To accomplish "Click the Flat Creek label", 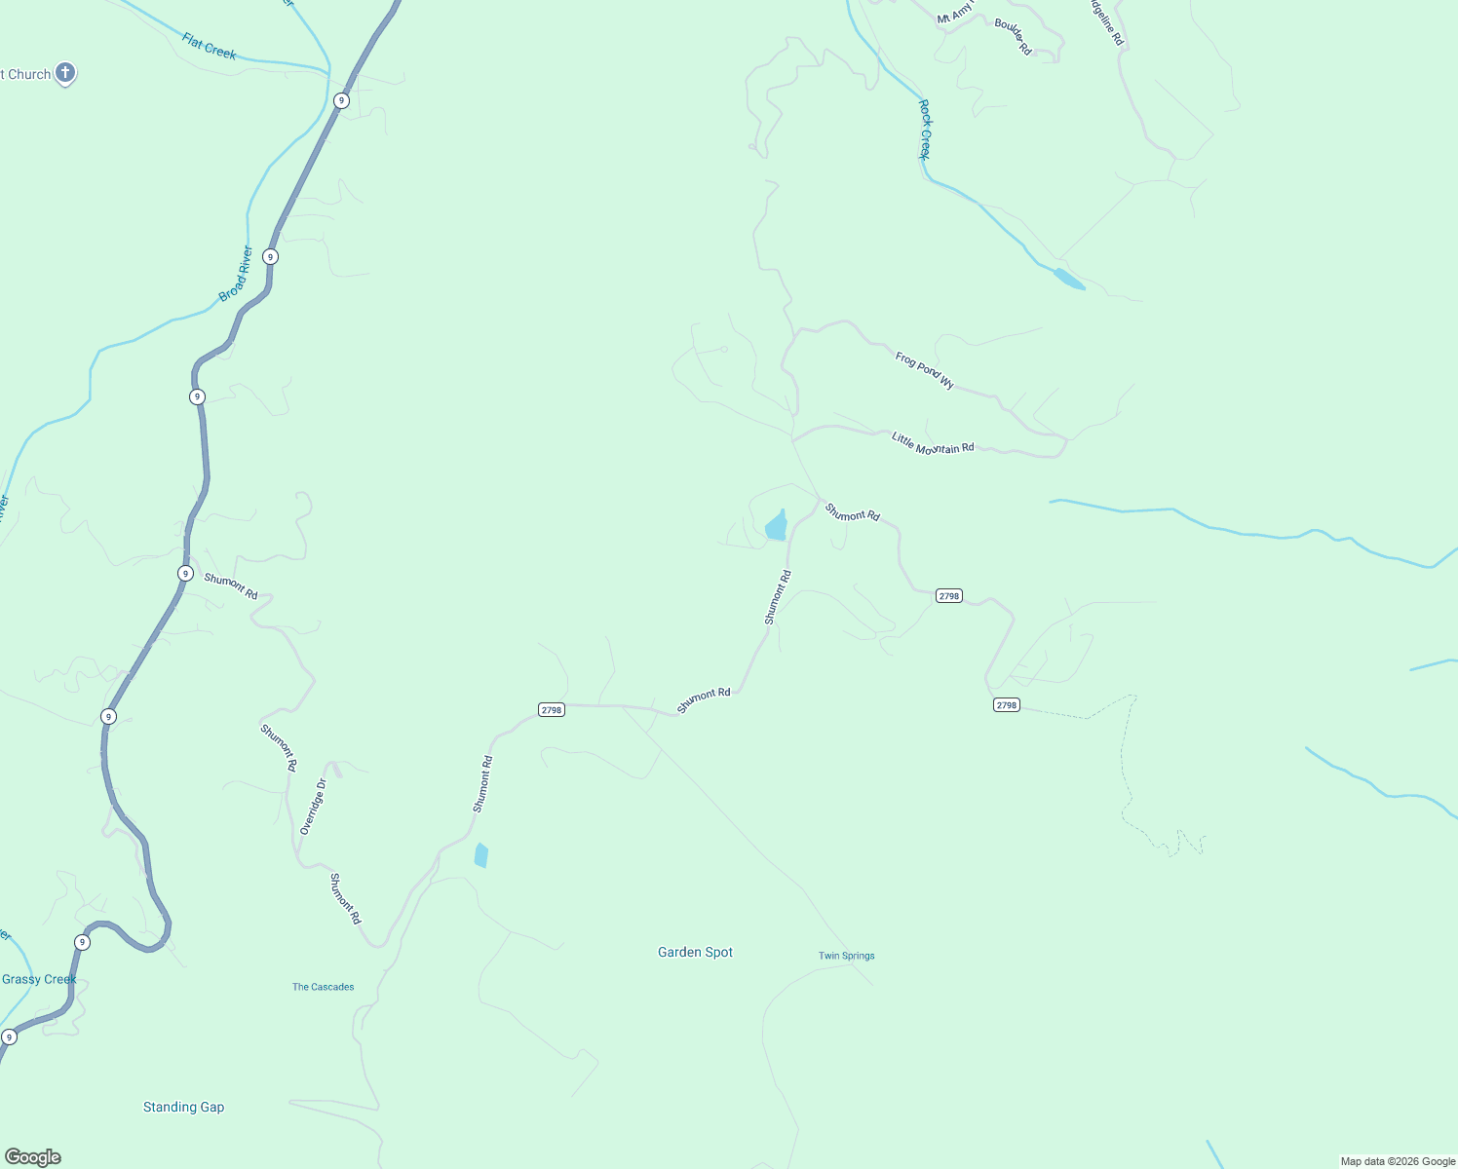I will tap(209, 46).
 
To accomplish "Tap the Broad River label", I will tap(236, 274).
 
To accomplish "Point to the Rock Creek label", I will tap(925, 130).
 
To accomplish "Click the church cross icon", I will tap(65, 73).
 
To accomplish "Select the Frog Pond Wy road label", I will tap(924, 370).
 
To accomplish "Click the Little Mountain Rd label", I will tap(933, 443).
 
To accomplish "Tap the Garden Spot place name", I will tap(695, 952).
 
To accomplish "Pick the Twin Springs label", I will tap(846, 956).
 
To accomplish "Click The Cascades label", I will tap(323, 987).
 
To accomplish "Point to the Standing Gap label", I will tap(183, 1107).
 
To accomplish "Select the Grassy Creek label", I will tap(39, 979).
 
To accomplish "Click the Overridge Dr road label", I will tap(313, 807).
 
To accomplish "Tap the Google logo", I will tap(33, 1157).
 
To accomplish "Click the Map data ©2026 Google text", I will tap(1398, 1161).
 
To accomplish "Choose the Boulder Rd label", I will tap(1013, 36).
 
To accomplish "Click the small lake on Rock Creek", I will tap(1069, 280).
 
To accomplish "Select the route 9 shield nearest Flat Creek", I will tap(341, 100).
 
